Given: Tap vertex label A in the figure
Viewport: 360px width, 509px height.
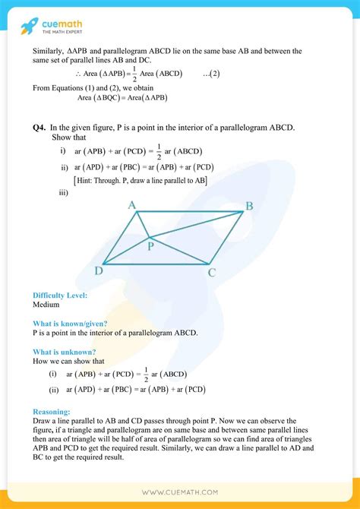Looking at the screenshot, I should (x=131, y=205).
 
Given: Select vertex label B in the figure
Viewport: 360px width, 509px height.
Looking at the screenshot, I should (x=248, y=206).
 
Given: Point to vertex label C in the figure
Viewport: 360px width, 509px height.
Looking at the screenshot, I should (x=213, y=271).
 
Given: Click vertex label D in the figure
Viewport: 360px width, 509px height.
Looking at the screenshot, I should (x=99, y=270).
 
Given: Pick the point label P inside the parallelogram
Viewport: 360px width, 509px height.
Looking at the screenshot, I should (x=150, y=246).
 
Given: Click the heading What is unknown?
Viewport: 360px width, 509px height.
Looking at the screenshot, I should (x=64, y=352).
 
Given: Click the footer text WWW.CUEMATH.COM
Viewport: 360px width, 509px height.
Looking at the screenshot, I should (x=179, y=492).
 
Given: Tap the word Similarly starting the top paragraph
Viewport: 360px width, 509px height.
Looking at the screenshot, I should (x=51, y=51).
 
